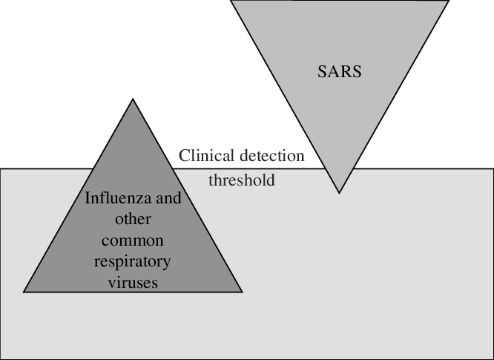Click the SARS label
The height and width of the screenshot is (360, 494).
339,73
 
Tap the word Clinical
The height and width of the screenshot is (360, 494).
207,156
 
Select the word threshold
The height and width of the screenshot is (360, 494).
241,180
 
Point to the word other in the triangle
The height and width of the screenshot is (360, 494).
133,220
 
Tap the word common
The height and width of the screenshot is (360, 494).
133,240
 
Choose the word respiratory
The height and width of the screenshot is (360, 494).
133,262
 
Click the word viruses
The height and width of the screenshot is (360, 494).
133,283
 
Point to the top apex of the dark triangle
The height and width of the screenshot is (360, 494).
133,99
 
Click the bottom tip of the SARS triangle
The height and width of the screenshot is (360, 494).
339,193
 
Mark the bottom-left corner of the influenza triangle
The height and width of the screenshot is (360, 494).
24,292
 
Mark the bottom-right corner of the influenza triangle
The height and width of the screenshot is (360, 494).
242,292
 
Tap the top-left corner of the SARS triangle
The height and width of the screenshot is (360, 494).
231,1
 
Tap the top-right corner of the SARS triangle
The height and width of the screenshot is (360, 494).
449,1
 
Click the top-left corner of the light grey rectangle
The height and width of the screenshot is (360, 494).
1,168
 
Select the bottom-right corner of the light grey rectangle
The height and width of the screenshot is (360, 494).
493,359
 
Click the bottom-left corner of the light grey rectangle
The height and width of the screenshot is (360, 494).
1,359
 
